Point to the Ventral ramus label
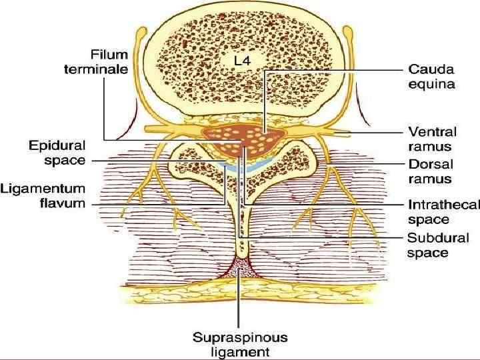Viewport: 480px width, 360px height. click(x=433, y=138)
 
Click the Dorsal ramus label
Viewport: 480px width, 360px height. click(x=430, y=171)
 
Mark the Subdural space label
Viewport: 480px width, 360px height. click(x=438, y=245)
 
